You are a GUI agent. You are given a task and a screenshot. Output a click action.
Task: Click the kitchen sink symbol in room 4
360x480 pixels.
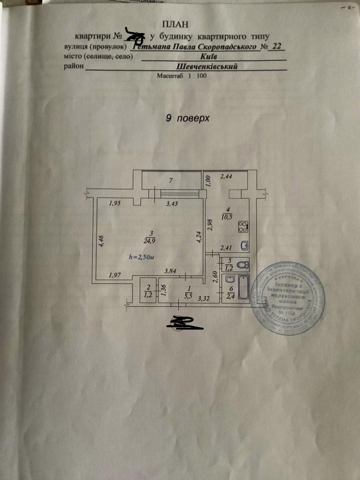pyautogui.click(x=245, y=245)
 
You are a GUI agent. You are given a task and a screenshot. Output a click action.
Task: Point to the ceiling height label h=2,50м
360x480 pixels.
pyautogui.click(x=142, y=258)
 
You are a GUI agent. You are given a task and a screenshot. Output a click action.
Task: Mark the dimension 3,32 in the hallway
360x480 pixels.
pyautogui.click(x=204, y=298)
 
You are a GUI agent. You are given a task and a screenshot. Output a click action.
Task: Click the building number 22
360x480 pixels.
pyautogui.click(x=276, y=46)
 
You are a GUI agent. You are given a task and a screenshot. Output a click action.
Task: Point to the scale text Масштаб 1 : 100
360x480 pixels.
pyautogui.click(x=182, y=76)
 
